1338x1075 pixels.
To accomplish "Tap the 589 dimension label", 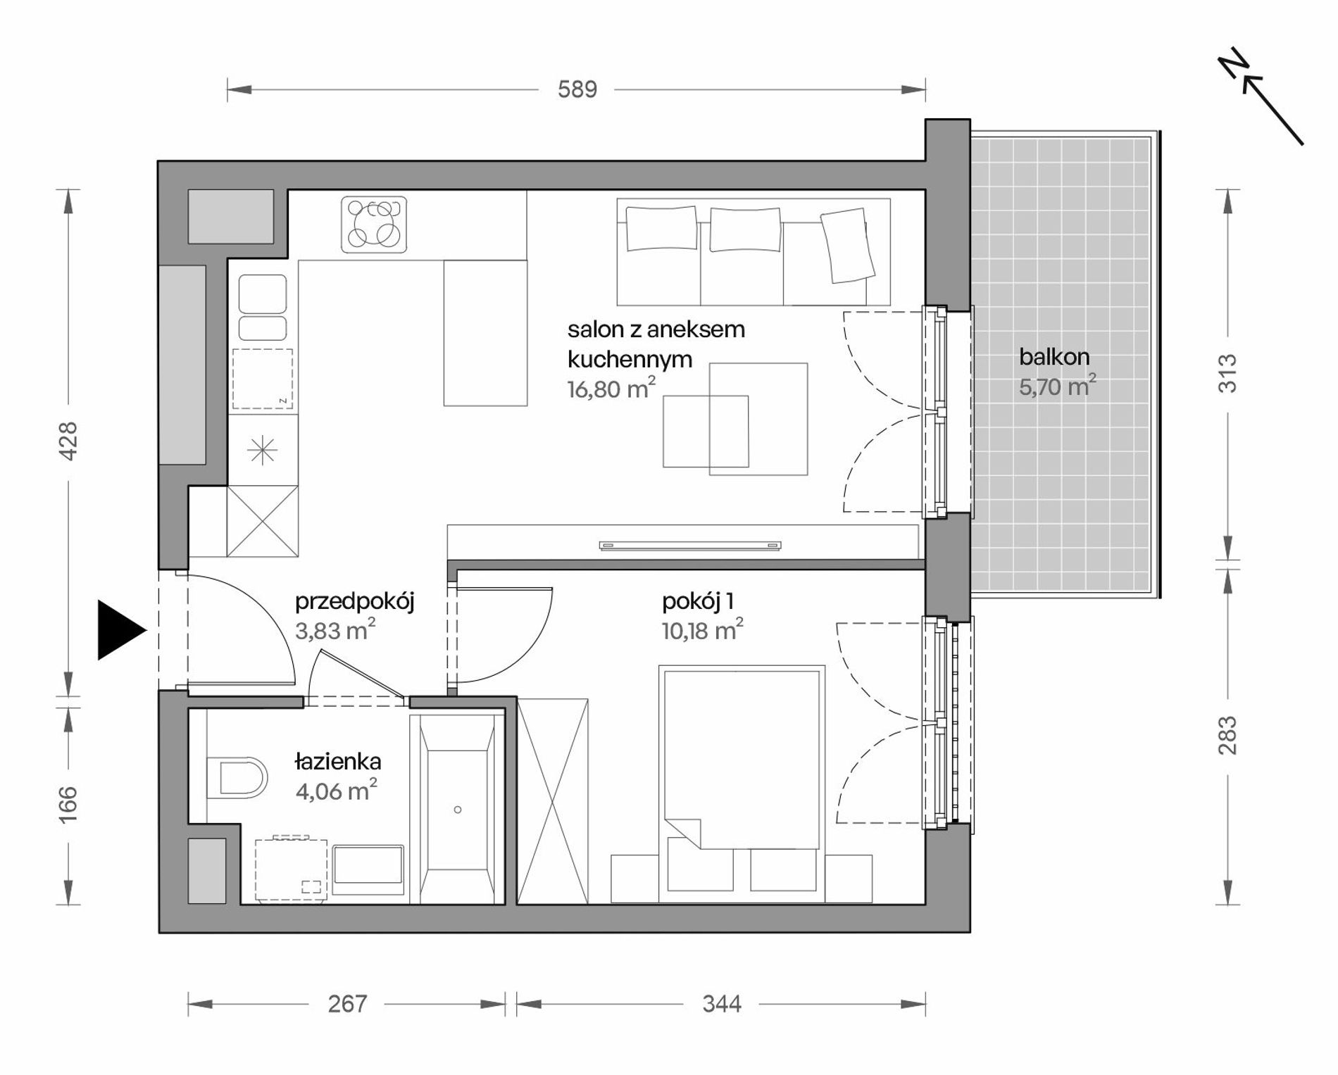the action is tap(577, 90).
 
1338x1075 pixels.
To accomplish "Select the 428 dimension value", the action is tap(68, 441).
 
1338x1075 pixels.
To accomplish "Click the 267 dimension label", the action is tap(348, 1004).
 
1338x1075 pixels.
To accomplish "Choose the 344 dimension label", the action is tap(722, 1004).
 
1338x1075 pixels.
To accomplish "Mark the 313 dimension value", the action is tap(1227, 372).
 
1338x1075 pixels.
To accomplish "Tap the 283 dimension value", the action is tap(1227, 735).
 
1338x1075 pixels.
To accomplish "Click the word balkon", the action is tap(1054, 357).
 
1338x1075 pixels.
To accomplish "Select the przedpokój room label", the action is tap(354, 602).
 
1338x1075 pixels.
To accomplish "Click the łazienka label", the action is tap(338, 761).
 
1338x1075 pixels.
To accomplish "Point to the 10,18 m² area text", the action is tap(703, 630).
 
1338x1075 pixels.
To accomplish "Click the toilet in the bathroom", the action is tap(238, 779).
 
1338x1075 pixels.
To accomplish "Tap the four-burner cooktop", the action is tap(374, 225).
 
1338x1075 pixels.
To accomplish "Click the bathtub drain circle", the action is tap(458, 810).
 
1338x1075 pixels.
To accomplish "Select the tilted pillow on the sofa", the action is tap(848, 246).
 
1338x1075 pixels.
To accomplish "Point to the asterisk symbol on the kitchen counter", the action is tap(263, 450).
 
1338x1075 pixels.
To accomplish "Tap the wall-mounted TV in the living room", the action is tap(690, 545).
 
